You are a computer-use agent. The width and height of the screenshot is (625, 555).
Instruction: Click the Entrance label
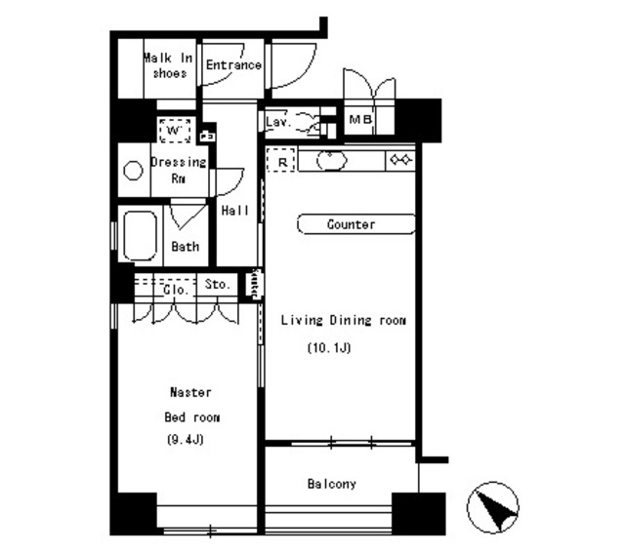(x=233, y=65)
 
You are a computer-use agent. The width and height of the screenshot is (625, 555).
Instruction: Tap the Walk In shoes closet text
(x=168, y=65)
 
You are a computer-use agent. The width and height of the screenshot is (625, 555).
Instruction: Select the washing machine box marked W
(x=175, y=130)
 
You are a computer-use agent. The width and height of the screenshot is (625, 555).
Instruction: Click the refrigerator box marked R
(x=281, y=160)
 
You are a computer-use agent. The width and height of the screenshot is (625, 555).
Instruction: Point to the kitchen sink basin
(x=332, y=161)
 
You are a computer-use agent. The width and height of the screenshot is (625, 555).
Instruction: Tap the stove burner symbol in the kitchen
(x=401, y=160)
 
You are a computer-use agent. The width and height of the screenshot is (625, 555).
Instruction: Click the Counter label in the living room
(x=351, y=224)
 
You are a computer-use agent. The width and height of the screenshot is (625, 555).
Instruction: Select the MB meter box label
(x=360, y=119)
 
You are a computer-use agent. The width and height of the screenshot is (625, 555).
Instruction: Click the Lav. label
(x=278, y=122)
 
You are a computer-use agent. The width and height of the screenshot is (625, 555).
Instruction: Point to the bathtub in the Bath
(x=140, y=236)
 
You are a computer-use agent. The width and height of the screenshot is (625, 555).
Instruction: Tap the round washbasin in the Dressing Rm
(x=133, y=171)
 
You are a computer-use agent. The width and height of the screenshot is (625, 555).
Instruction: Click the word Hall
(x=235, y=211)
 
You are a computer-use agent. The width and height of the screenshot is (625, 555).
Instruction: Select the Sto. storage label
(x=217, y=284)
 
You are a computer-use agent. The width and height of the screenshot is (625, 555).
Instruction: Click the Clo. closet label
(x=176, y=290)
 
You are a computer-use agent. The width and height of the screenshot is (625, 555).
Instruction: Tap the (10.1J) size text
(x=329, y=347)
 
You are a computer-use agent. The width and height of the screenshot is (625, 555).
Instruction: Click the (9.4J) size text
(x=186, y=440)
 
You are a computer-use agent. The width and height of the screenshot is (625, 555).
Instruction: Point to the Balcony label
(x=332, y=484)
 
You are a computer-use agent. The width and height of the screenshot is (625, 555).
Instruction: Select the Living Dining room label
(x=343, y=320)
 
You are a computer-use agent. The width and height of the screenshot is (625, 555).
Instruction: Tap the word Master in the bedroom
(x=190, y=392)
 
